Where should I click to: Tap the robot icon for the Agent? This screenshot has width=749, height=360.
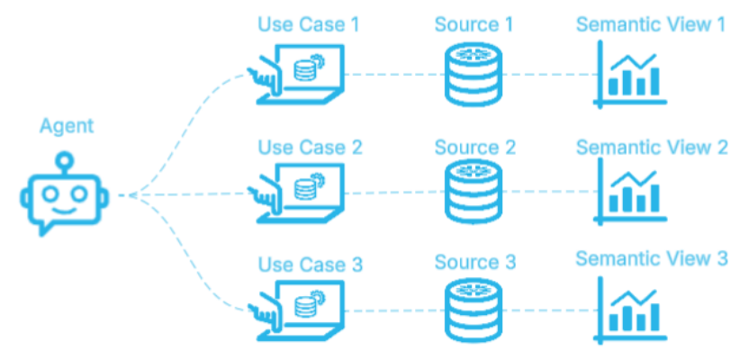[62, 193]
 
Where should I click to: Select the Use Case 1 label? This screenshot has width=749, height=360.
[309, 24]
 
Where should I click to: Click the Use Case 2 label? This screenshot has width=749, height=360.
[309, 147]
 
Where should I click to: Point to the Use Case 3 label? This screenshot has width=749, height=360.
[309, 265]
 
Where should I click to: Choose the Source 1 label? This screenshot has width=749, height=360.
[474, 24]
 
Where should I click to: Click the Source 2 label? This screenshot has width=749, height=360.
[474, 147]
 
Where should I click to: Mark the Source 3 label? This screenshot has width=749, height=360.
[474, 263]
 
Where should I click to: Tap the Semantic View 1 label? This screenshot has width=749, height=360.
[651, 24]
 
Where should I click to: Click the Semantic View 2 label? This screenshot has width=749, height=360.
[651, 147]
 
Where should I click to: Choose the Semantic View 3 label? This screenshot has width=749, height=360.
[651, 259]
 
